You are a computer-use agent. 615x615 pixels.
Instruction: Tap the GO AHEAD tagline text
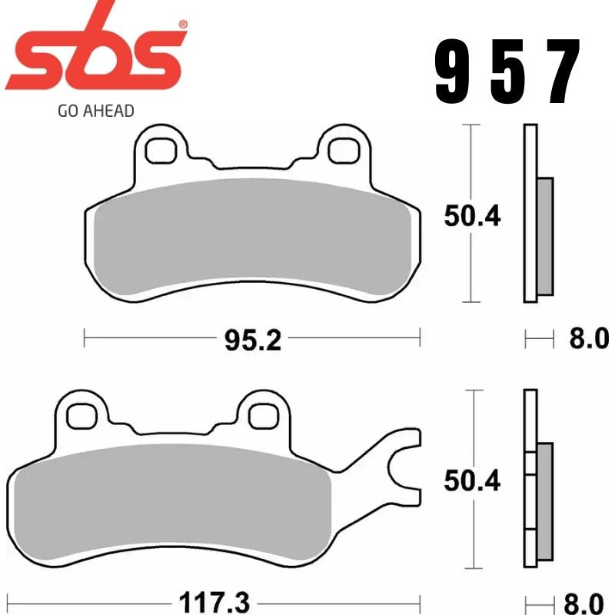point(95,111)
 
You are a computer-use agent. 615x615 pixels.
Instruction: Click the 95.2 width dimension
point(253,339)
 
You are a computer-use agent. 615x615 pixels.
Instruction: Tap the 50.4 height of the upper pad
point(471,216)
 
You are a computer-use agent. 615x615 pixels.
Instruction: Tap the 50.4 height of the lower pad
point(471,480)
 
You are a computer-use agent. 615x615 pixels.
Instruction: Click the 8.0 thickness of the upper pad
point(588,338)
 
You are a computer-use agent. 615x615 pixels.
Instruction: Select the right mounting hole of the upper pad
point(341,150)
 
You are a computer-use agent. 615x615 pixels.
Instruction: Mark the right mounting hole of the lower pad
point(261,415)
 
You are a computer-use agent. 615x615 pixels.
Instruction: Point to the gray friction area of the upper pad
point(252,238)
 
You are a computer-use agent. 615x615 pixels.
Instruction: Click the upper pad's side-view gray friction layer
point(544,236)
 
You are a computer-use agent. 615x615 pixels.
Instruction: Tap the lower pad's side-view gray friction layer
point(544,500)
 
